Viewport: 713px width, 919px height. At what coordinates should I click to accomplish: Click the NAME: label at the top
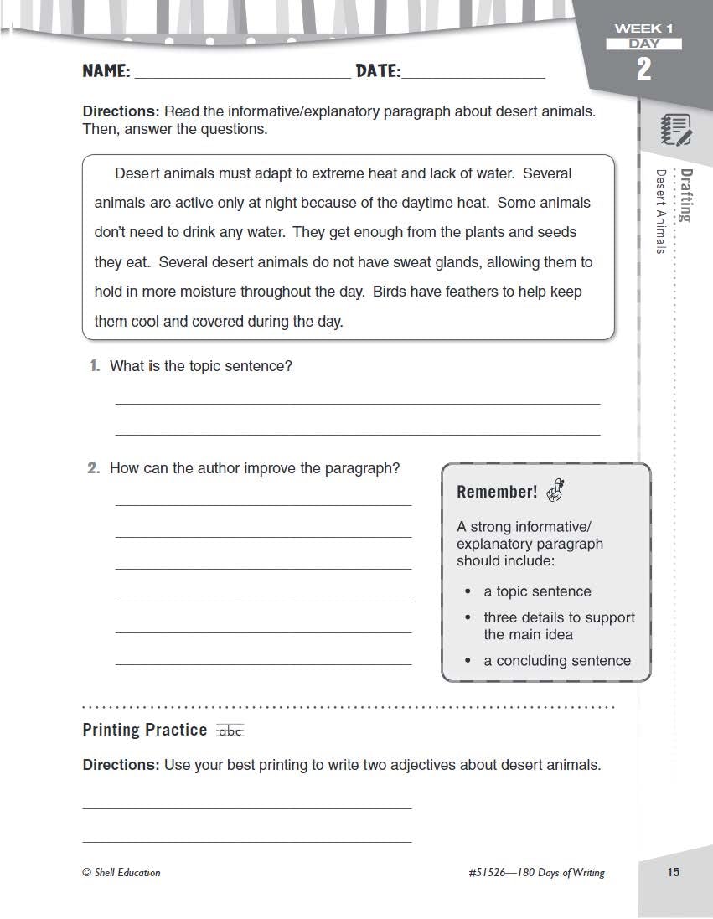106,71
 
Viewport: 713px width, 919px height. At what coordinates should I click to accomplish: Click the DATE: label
378,71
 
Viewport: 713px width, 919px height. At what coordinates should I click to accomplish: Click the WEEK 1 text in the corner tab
643,28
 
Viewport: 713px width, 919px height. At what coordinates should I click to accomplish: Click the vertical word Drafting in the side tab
686,196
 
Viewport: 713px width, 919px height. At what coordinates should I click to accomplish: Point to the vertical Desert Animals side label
661,212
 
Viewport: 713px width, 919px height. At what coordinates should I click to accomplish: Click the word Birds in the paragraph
391,292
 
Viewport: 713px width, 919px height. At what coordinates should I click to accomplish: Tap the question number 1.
95,366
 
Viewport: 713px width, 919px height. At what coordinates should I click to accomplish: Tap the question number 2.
94,468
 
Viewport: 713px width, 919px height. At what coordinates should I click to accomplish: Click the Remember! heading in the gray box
497,492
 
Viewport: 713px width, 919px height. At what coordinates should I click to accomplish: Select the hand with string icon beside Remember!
555,490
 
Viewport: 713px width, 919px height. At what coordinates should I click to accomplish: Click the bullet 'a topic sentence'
537,591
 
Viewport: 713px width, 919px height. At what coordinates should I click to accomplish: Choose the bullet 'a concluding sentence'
557,661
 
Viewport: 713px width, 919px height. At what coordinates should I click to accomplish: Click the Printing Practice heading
144,730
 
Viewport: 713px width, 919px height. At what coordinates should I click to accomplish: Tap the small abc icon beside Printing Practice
230,731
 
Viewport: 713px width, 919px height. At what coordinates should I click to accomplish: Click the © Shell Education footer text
121,872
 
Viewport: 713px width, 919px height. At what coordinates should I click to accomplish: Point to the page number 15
674,872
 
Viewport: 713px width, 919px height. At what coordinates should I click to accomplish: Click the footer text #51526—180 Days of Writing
536,872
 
